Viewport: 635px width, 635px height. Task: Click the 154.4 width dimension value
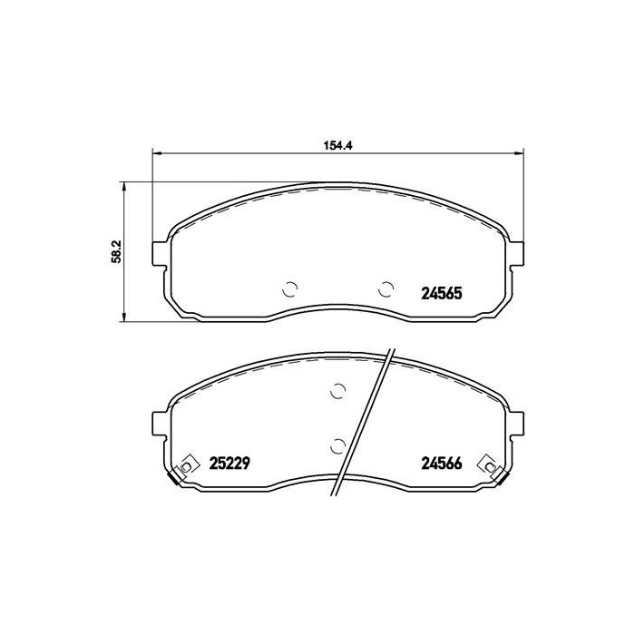(337, 146)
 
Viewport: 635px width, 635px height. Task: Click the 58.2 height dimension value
(116, 251)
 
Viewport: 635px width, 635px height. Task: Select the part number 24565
(442, 293)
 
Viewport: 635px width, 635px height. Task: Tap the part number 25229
(230, 464)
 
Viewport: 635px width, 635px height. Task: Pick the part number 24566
(442, 464)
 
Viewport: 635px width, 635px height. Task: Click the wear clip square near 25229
(187, 466)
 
